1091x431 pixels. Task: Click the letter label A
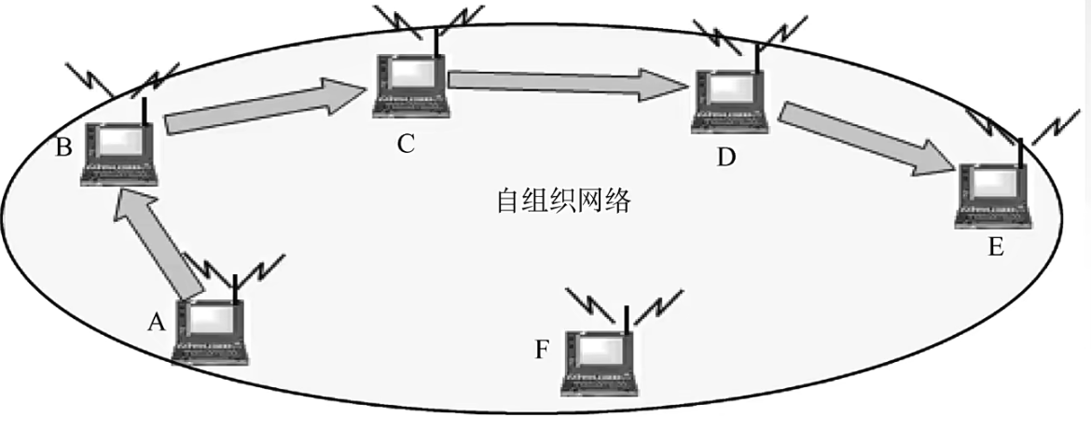tap(157, 322)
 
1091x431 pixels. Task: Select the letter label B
tap(64, 147)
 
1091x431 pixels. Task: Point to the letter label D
tap(726, 156)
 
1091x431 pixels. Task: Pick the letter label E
tap(995, 247)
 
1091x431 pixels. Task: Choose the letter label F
tap(543, 350)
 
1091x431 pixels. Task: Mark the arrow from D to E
tap(868, 139)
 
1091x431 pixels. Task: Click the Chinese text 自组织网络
tap(563, 201)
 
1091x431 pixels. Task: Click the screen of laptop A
tap(214, 322)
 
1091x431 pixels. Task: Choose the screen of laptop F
tap(601, 350)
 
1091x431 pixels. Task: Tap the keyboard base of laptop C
tap(410, 105)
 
